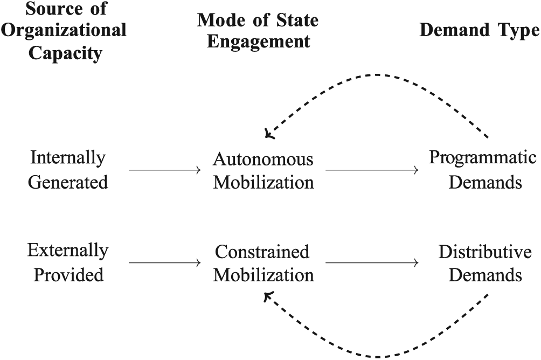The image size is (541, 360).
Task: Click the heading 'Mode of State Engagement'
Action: (258, 31)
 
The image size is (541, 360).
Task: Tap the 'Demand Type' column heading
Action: (480, 30)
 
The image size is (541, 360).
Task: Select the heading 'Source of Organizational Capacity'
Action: (64, 31)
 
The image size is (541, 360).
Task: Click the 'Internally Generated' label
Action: (68, 170)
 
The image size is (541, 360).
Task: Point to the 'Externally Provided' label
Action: (68, 262)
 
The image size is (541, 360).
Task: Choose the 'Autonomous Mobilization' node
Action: (263, 170)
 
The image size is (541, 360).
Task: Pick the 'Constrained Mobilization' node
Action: (263, 264)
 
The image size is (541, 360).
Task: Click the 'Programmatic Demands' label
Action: (483, 170)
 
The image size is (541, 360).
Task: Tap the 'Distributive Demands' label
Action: (485, 264)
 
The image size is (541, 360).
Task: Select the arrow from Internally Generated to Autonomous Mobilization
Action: (164, 170)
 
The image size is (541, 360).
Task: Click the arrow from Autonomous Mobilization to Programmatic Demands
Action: (372, 170)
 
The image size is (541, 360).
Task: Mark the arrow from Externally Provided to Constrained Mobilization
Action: (164, 262)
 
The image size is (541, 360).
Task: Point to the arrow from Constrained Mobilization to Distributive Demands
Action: (372, 262)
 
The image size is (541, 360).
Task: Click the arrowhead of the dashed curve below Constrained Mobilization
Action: (268, 296)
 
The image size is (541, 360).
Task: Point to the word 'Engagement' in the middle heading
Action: (259, 42)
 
